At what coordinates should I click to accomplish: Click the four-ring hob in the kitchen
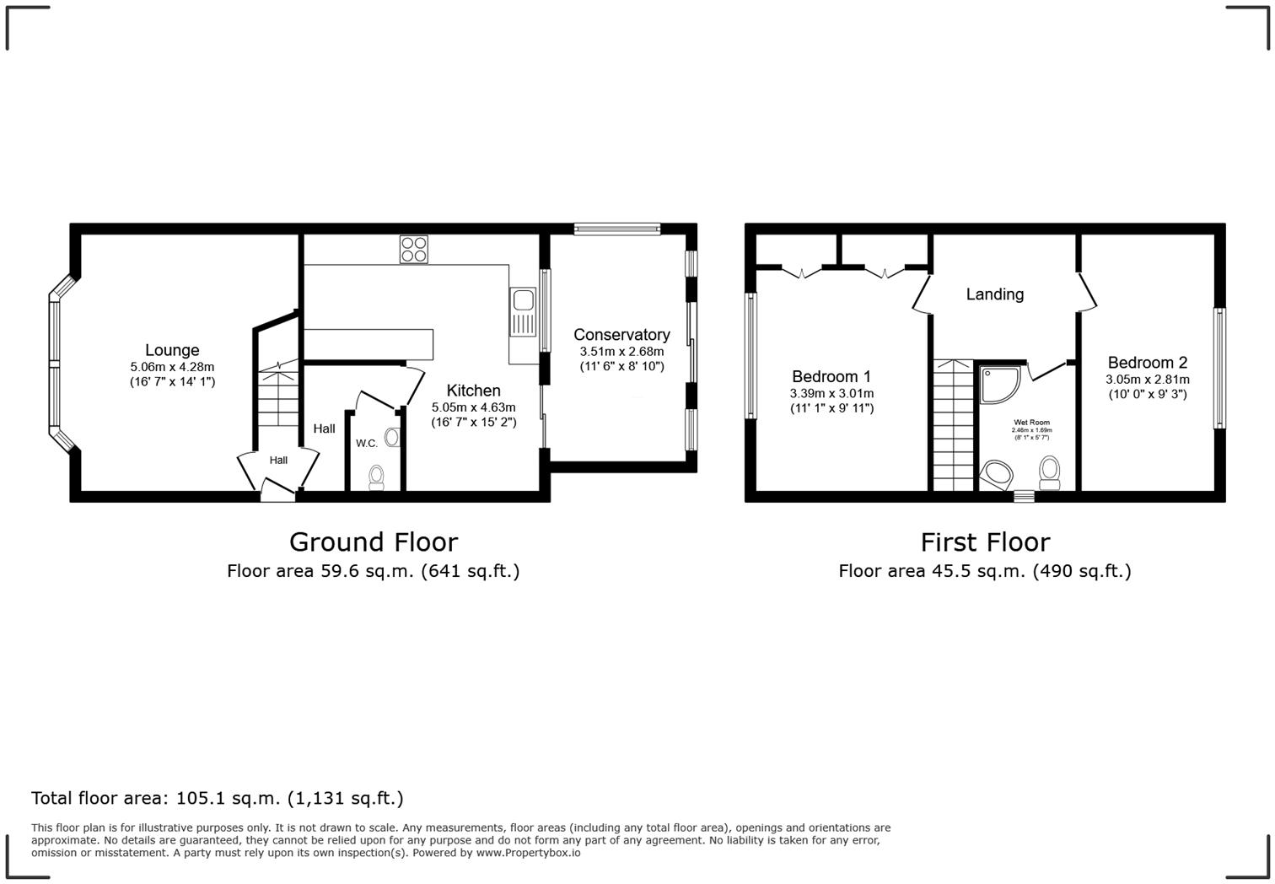(414, 250)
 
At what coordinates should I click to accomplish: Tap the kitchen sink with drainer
(523, 312)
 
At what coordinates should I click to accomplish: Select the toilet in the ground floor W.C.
(376, 477)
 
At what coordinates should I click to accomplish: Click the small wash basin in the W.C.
(392, 437)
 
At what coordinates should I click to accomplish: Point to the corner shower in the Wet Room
(999, 385)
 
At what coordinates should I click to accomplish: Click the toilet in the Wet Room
(1049, 472)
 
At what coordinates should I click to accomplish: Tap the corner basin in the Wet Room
(996, 475)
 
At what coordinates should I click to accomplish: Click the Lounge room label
(172, 350)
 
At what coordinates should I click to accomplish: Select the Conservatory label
(621, 335)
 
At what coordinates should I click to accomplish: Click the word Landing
(995, 294)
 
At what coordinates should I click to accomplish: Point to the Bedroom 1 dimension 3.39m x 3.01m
(831, 393)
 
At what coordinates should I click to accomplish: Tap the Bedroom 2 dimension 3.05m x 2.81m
(1148, 379)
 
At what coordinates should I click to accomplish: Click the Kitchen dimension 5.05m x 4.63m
(474, 407)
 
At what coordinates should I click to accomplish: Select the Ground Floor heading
(374, 542)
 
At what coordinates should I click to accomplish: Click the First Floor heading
(985, 542)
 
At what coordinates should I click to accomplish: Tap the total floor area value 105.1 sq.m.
(229, 798)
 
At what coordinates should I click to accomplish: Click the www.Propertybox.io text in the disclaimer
(528, 853)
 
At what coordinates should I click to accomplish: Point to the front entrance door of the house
(277, 490)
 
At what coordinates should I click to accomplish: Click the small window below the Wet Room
(1024, 496)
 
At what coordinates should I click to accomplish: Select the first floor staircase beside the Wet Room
(954, 424)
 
